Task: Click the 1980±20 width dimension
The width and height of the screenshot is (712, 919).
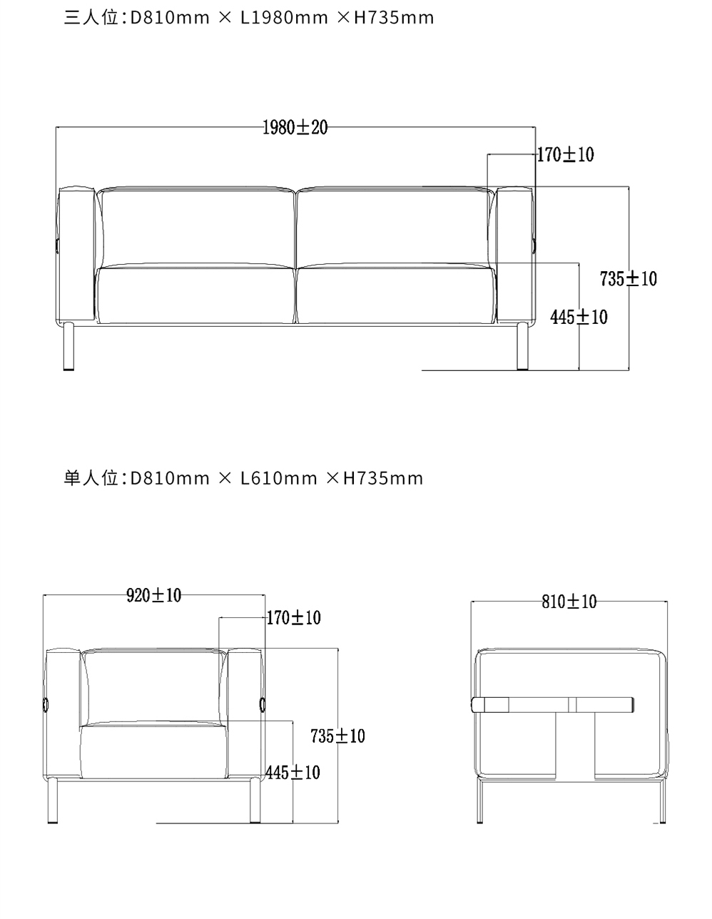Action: (295, 127)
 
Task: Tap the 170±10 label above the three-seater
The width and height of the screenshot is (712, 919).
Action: (565, 154)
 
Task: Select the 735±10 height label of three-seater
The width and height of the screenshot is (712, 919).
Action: (629, 279)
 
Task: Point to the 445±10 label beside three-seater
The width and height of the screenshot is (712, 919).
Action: (579, 317)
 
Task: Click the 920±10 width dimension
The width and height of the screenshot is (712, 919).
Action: (154, 595)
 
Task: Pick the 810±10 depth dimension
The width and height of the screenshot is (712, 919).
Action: (569, 601)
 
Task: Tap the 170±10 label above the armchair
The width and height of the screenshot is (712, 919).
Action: (293, 618)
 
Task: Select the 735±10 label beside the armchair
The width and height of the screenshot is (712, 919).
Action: (337, 736)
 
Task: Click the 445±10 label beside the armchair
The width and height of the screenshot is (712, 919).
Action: (293, 773)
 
